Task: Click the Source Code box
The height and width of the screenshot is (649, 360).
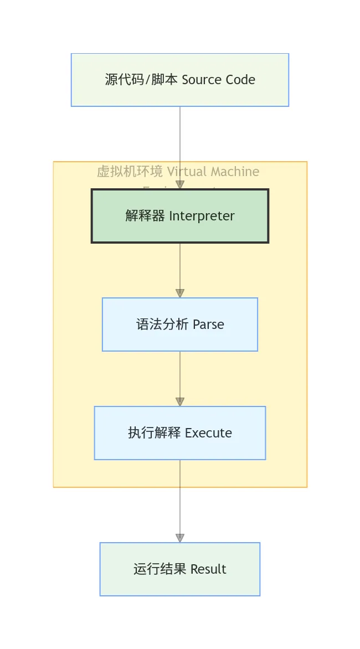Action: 180,80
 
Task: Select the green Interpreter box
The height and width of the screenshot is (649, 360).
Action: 180,216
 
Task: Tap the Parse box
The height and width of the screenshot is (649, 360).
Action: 180,324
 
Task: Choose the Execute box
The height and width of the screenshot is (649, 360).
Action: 180,433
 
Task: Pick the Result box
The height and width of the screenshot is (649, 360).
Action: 180,569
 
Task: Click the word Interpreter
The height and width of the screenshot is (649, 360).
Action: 202,216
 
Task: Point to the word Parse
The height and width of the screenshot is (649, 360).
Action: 208,324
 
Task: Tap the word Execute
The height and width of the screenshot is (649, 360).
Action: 208,433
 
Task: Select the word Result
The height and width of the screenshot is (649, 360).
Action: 208,569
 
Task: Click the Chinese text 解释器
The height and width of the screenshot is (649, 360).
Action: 145,216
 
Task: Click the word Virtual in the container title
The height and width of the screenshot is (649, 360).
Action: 187,172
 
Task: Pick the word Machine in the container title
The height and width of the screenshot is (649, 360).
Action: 234,172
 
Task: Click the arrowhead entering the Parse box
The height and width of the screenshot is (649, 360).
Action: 180,293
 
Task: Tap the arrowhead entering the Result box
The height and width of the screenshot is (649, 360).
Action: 180,538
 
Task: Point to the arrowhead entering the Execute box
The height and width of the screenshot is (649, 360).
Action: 180,402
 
